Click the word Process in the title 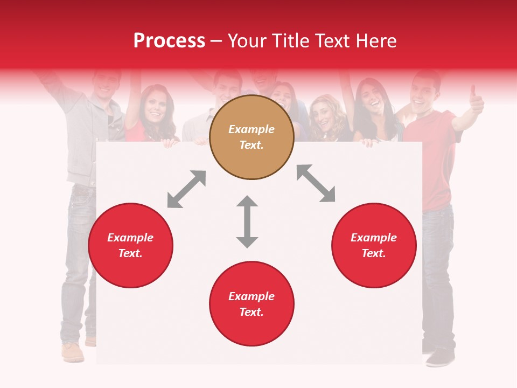169,41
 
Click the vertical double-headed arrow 247,221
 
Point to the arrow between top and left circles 186,189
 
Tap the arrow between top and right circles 316,183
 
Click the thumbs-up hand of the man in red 476,100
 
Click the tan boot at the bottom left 73,352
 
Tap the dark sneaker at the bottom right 440,356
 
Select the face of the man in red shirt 424,92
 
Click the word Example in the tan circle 251,129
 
